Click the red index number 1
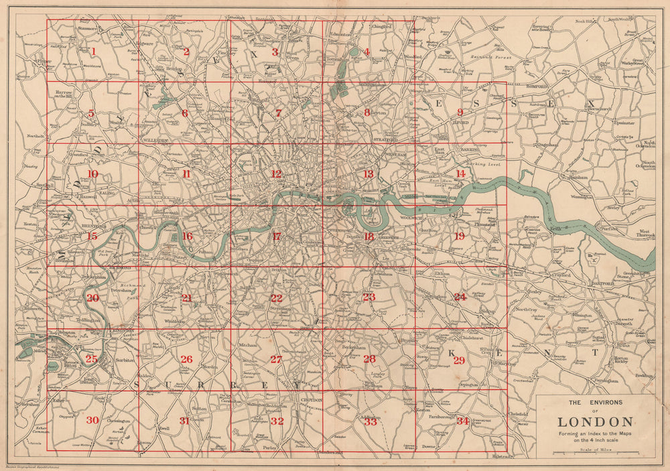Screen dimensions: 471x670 point(94,51)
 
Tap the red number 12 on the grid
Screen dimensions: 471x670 point(276,174)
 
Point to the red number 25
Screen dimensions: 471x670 point(92,359)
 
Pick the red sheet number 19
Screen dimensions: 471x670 point(459,236)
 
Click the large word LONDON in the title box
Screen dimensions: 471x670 point(595,422)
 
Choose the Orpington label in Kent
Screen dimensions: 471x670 point(468,385)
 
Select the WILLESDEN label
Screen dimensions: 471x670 point(155,140)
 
